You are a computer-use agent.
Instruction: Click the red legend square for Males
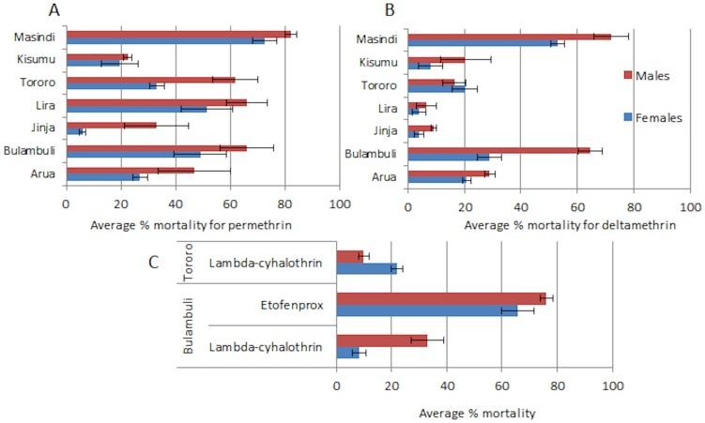coord(629,75)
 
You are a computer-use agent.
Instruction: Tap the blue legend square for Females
coord(629,117)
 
